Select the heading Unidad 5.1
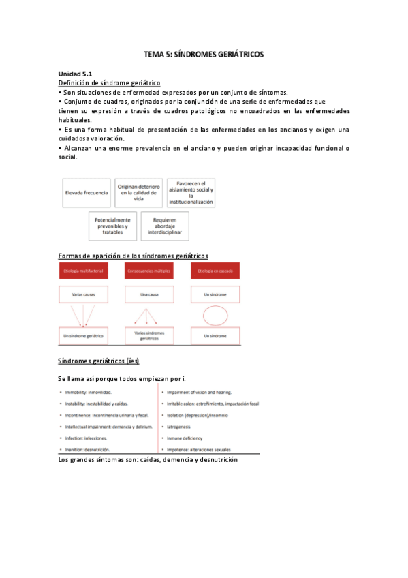76,74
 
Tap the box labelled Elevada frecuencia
87,193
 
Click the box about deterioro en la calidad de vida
138,193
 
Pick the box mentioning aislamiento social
191,193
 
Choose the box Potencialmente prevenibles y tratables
112,226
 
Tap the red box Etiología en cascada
214,271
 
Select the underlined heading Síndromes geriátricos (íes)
99,361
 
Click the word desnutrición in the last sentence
215,460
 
